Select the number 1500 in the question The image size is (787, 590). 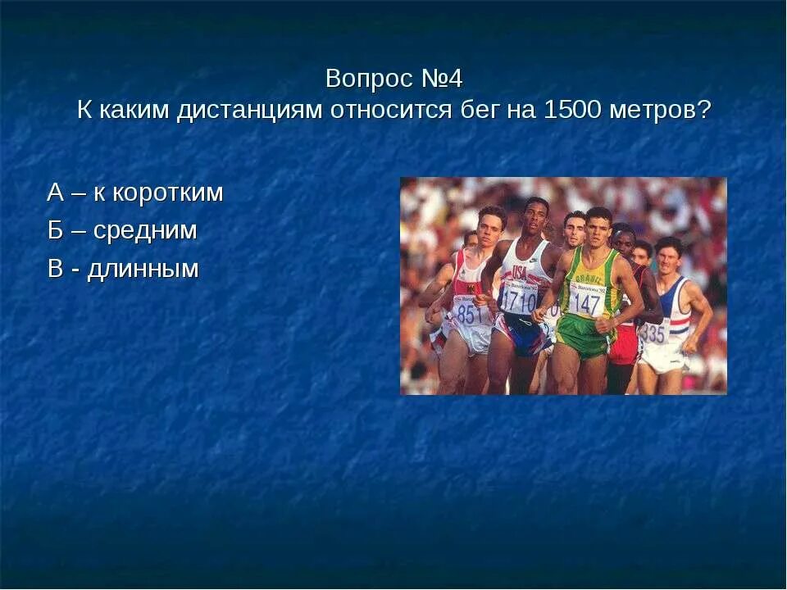(x=572, y=110)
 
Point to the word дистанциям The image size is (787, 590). (x=251, y=110)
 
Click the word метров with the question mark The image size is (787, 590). (x=660, y=110)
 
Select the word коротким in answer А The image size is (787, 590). (x=167, y=193)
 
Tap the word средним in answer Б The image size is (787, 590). (x=145, y=231)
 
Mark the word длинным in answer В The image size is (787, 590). (x=144, y=269)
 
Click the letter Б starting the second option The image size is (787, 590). (x=55, y=231)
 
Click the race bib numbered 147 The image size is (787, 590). (x=586, y=304)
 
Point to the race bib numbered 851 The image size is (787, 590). (x=470, y=314)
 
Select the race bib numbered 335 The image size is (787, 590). (x=653, y=333)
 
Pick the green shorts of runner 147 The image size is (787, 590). (x=583, y=336)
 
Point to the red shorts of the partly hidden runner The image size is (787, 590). (x=625, y=344)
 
